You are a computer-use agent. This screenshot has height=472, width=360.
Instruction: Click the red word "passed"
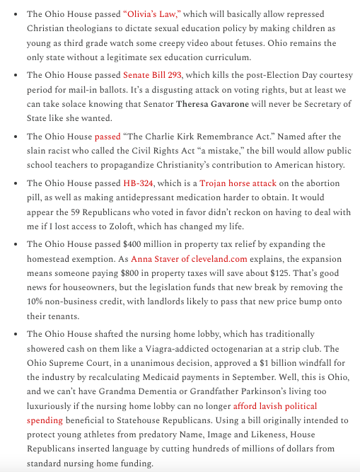(108, 136)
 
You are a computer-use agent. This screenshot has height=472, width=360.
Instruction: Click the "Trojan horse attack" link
(238, 183)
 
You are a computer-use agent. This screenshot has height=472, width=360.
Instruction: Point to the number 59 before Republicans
(69, 213)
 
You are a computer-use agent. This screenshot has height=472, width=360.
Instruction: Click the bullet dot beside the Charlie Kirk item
(16, 137)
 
